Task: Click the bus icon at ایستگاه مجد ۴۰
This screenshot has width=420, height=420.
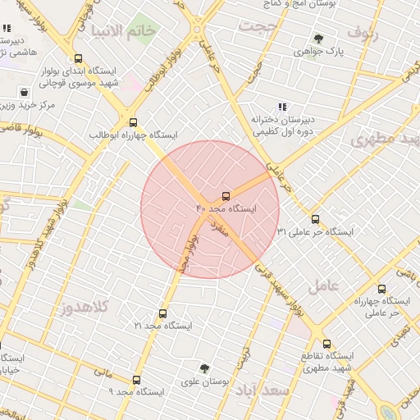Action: (226, 196)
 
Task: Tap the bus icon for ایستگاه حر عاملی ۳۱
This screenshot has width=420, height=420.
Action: (316, 218)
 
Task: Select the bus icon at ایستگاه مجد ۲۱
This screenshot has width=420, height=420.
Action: (162, 313)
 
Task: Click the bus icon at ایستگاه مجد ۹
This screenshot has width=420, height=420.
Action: (136, 379)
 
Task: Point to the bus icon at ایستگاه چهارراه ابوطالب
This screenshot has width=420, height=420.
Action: (133, 122)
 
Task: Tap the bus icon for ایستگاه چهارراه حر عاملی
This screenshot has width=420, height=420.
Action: (381, 289)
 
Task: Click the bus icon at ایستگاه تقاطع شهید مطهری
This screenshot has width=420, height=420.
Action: (326, 344)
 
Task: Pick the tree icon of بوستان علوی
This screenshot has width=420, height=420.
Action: (204, 368)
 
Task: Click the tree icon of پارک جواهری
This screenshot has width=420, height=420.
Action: (318, 38)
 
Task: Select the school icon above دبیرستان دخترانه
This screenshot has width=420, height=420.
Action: (282, 107)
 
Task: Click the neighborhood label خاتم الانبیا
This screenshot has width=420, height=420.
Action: (117, 32)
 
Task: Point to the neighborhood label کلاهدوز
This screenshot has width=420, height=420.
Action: (84, 308)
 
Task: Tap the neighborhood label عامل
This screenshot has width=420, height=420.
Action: (323, 285)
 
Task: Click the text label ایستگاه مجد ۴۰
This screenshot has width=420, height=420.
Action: (226, 209)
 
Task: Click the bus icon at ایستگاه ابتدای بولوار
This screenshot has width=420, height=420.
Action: (78, 59)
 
